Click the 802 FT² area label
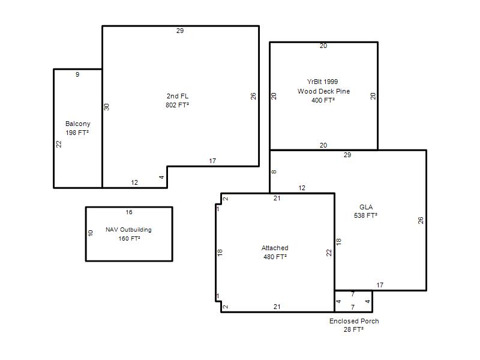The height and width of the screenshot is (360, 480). click(177, 105)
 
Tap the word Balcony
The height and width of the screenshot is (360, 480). click(78, 124)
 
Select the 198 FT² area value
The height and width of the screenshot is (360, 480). click(77, 133)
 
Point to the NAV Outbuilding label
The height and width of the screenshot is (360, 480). click(128, 230)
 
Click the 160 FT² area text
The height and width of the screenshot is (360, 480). click(129, 238)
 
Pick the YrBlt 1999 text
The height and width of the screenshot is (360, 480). click(322, 82)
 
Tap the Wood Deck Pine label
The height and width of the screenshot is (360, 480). click(323, 91)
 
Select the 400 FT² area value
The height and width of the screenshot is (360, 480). click(323, 100)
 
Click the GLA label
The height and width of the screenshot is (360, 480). click(366, 207)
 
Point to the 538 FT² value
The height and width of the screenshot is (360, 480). click(365, 215)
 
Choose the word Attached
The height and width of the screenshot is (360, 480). click(275, 248)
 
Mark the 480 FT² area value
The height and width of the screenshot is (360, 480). click(275, 257)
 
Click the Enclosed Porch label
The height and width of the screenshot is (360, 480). click(354, 321)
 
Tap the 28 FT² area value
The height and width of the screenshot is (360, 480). click(353, 329)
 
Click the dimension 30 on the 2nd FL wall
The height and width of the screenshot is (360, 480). click(107, 107)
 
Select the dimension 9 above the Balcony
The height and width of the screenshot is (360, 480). click(77, 74)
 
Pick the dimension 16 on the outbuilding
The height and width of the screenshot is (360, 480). click(129, 212)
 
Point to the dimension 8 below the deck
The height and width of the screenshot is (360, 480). click(274, 172)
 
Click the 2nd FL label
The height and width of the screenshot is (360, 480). click(178, 96)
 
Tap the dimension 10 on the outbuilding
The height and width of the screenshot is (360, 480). click(91, 233)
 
